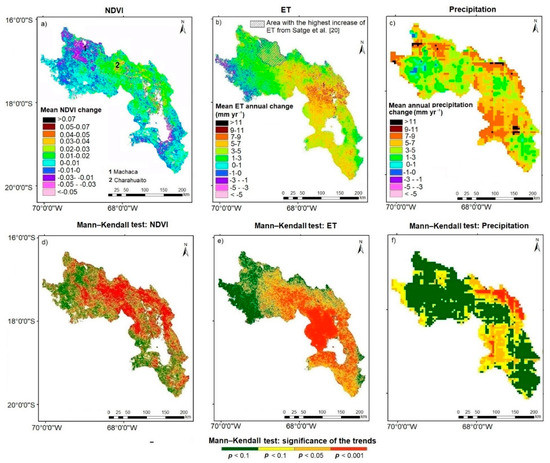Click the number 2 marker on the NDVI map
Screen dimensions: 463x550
coord(117,65)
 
